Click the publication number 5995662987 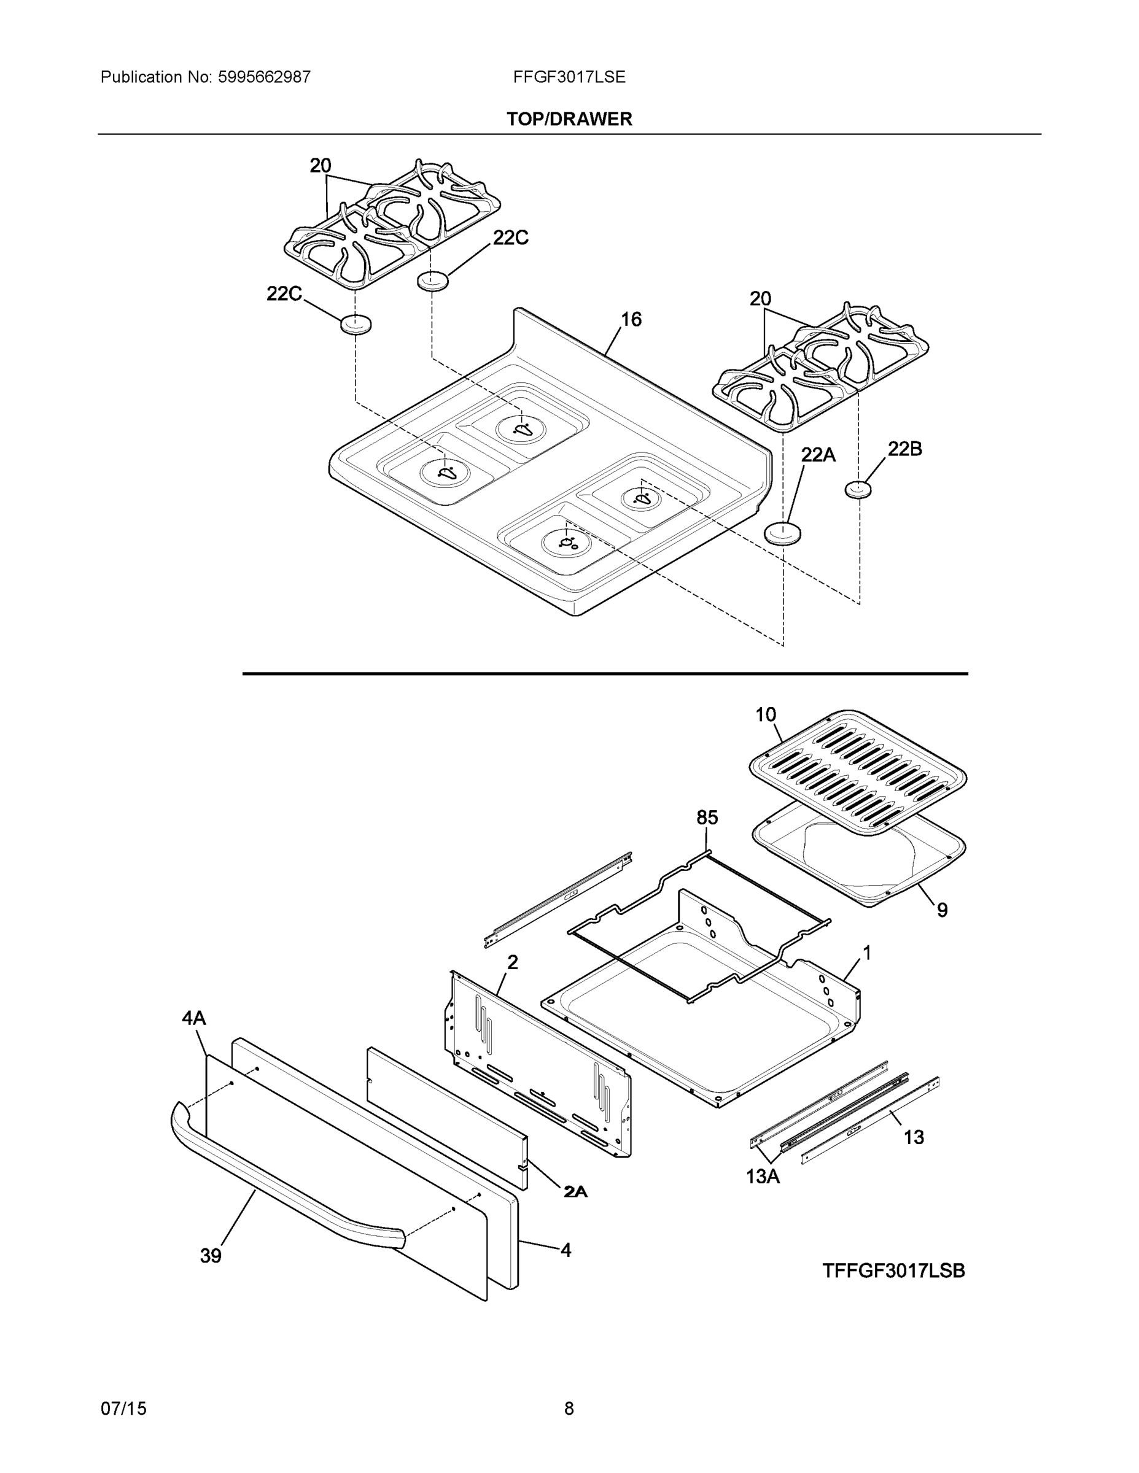tap(264, 77)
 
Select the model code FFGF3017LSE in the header tap(569, 77)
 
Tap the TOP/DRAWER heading tap(569, 120)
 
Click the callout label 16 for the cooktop tap(631, 319)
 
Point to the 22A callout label tap(818, 455)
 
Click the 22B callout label tap(904, 449)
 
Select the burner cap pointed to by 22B tap(858, 489)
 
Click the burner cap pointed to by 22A tap(783, 533)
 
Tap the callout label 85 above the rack tap(707, 818)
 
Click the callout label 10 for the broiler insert tap(765, 714)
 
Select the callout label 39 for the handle tap(211, 1256)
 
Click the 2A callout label tap(575, 1193)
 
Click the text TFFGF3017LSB tap(893, 1270)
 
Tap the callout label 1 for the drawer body tap(866, 953)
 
